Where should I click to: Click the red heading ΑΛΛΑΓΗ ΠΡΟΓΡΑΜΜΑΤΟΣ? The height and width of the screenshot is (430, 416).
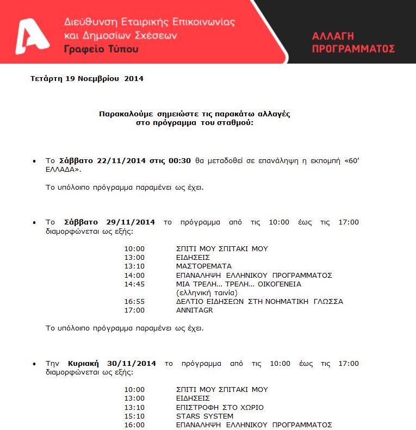[353, 42]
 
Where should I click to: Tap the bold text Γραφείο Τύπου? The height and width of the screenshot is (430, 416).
[101, 49]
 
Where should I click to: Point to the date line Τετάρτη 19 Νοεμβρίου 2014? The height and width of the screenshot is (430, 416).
[87, 78]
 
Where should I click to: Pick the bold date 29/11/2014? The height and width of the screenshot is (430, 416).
[130, 222]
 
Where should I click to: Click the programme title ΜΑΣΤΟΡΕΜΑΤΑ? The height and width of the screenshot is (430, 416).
[203, 266]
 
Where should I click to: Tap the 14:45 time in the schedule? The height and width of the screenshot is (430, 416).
[134, 284]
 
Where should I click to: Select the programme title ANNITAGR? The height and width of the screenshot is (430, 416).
[194, 310]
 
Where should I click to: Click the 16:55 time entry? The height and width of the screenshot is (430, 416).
[134, 301]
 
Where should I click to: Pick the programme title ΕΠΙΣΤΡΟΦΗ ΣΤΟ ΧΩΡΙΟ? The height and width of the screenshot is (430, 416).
[220, 407]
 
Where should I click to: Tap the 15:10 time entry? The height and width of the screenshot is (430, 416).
[134, 416]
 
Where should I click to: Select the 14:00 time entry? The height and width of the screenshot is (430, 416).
[134, 275]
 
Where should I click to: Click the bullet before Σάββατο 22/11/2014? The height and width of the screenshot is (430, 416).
[34, 161]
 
